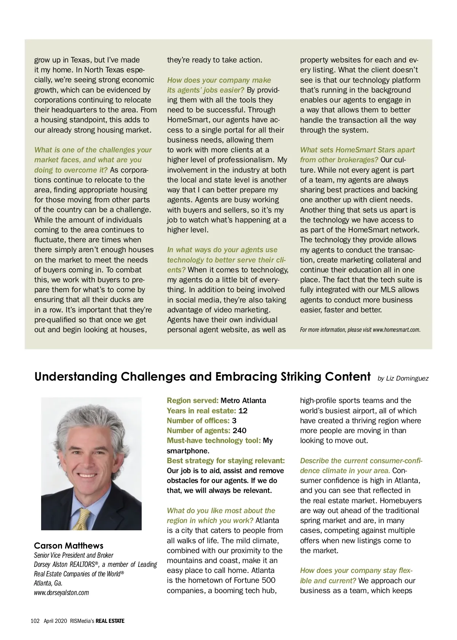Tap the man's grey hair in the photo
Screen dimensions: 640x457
tap(91, 423)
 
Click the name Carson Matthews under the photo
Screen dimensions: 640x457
tap(69, 546)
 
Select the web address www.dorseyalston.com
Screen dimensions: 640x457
tap(61, 592)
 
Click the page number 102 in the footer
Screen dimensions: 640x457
tap(35, 621)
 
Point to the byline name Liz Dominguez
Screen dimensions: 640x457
tap(407, 378)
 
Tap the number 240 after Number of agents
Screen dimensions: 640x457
tap(240, 430)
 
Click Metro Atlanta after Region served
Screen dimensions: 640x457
tap(243, 400)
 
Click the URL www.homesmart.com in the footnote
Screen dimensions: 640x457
tap(396, 330)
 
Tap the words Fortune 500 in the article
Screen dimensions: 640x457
tap(255, 580)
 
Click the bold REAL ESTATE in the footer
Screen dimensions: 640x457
tap(110, 621)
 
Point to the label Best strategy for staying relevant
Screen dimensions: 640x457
tap(226, 461)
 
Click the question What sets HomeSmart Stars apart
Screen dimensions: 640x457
tap(357, 150)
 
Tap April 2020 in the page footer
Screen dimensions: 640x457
tap(55, 621)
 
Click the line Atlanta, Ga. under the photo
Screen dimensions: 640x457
tap(48, 583)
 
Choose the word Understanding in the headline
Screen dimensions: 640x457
tap(75, 376)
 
